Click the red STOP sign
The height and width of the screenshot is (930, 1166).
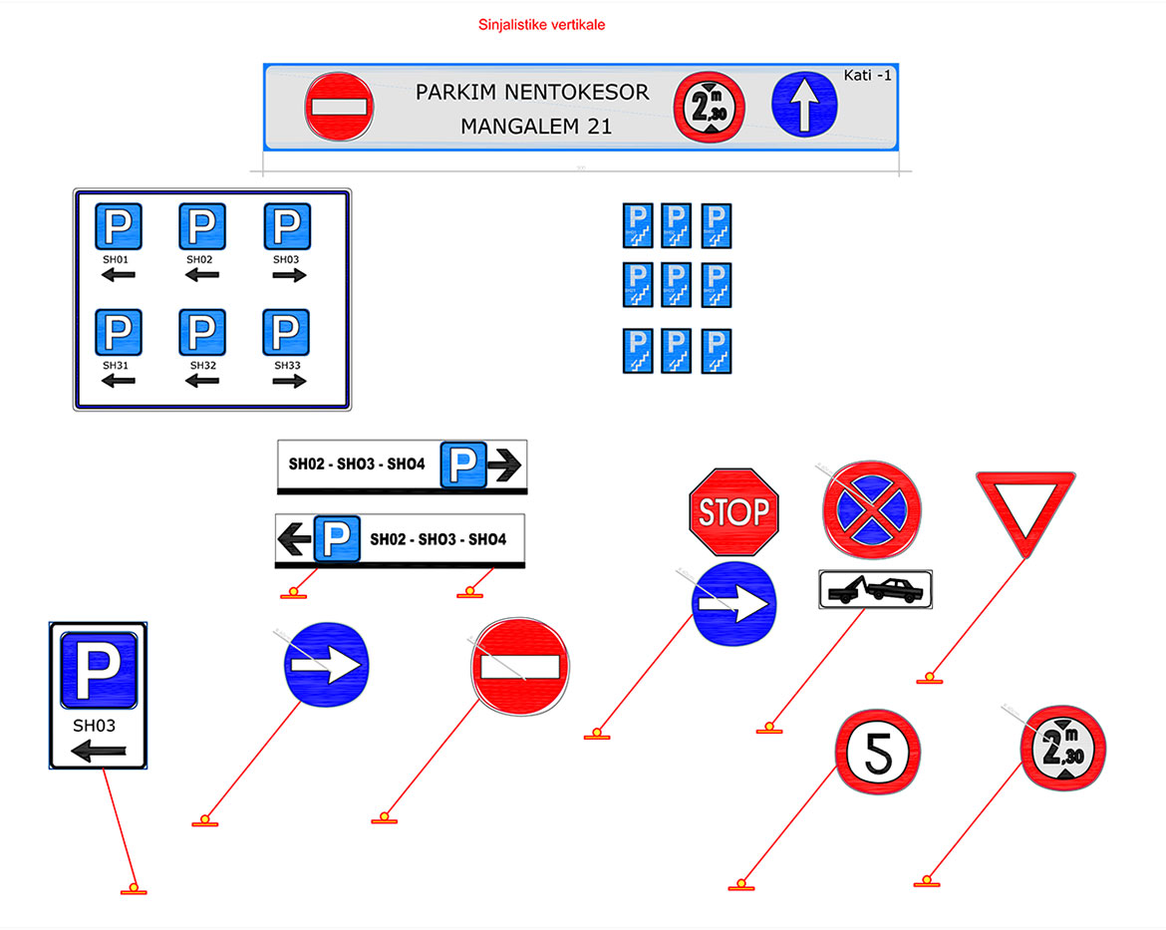click(x=733, y=512)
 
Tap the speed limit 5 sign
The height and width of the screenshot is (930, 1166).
click(x=877, y=753)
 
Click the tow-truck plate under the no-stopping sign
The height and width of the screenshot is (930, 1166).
click(x=875, y=590)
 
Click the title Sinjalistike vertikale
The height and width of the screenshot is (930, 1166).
click(x=541, y=25)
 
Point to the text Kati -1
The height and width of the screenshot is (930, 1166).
click(x=867, y=75)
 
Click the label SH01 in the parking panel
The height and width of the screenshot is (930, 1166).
click(x=117, y=259)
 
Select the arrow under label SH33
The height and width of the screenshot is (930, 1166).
click(x=289, y=381)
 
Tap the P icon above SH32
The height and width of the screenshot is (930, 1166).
click(x=202, y=332)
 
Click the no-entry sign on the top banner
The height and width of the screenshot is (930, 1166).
click(x=339, y=104)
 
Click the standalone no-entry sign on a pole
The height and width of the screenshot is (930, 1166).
click(x=518, y=668)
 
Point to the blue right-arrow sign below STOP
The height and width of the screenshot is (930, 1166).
click(x=733, y=603)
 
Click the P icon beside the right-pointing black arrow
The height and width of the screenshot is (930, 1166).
click(x=463, y=464)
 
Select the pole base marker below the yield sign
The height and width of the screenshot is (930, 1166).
click(x=929, y=679)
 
